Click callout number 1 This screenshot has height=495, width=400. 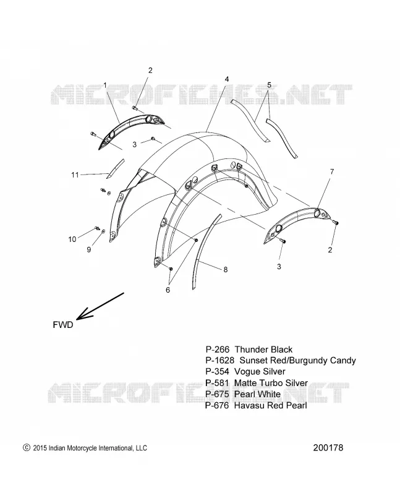[105, 85]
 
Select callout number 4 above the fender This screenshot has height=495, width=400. [227, 79]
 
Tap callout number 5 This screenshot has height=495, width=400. [269, 85]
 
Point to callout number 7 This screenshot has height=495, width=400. [332, 172]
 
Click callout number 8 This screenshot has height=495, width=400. [226, 270]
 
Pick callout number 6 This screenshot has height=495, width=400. [168, 290]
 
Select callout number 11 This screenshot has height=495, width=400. [75, 174]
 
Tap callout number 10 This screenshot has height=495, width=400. [72, 239]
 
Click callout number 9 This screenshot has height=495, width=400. [89, 249]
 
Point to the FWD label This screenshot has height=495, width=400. [63, 325]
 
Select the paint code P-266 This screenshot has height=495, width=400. [218, 350]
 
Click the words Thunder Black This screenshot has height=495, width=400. [264, 350]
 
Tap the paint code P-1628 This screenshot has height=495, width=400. [220, 360]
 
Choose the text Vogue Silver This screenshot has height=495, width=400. [260, 372]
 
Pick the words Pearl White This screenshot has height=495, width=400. [257, 394]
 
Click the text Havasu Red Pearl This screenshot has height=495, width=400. [271, 405]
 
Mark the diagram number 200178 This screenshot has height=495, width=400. [328, 447]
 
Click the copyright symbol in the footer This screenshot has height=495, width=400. [27, 447]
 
